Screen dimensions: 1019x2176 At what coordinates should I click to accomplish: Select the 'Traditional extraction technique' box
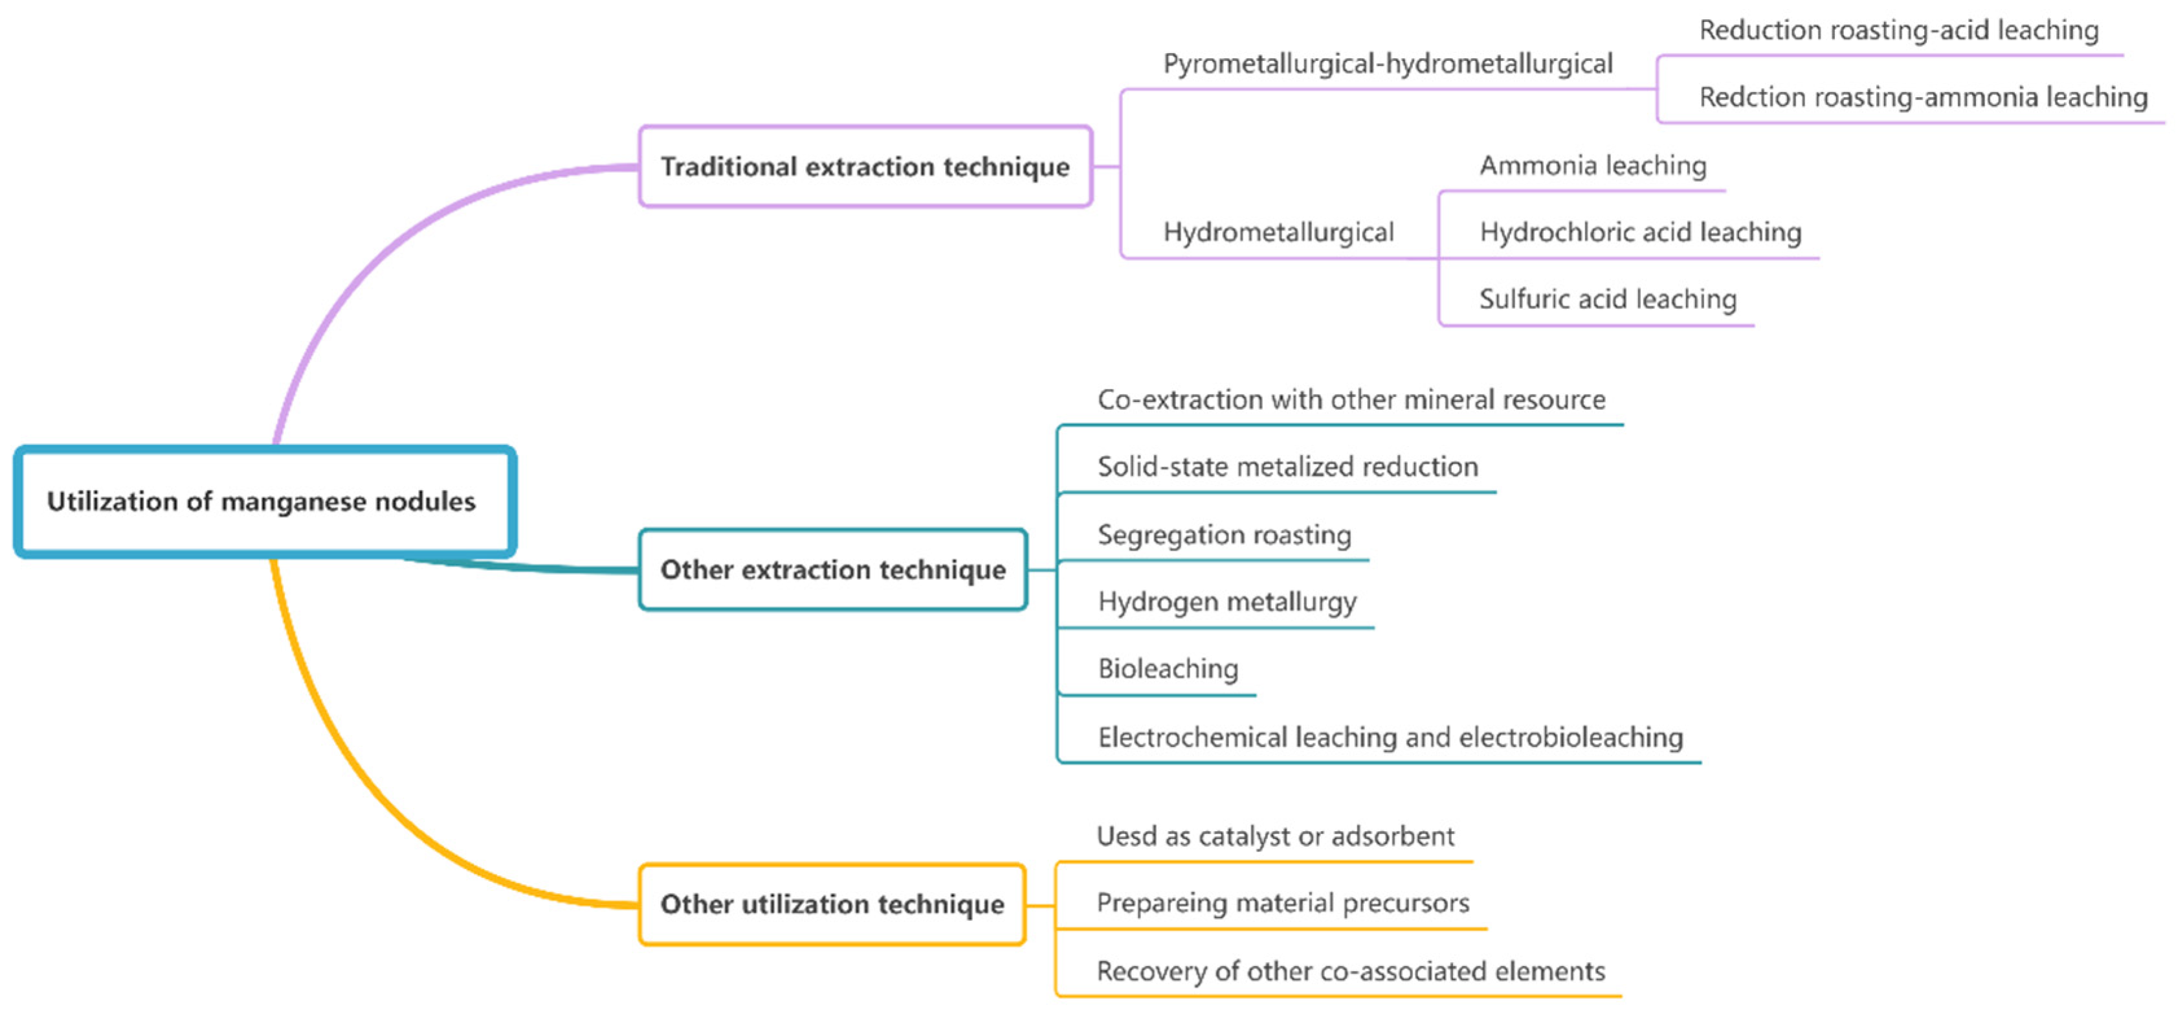click(865, 166)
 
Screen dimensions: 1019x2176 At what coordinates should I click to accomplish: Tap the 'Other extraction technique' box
click(833, 570)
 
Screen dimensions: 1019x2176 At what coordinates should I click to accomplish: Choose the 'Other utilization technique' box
click(832, 904)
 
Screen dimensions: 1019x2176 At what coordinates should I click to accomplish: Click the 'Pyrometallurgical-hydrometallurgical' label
click(1388, 64)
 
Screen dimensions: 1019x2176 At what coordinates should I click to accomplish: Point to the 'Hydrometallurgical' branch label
click(1278, 232)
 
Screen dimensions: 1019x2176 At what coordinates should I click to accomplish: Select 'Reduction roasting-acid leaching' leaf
click(1899, 30)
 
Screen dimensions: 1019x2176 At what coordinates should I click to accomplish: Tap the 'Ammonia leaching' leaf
click(1593, 166)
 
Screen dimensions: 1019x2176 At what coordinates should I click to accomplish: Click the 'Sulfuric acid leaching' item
click(1608, 299)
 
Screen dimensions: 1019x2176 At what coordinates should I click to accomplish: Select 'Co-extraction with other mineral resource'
click(1351, 399)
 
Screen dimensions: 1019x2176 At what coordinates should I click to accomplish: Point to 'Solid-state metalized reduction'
click(1288, 466)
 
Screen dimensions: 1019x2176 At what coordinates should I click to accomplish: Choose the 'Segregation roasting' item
click(1225, 535)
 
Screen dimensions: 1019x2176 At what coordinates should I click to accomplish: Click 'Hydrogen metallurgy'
click(1227, 601)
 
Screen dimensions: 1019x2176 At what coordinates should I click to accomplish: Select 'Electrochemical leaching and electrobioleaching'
click(1390, 737)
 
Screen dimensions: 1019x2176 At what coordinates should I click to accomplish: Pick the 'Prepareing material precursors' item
click(1283, 903)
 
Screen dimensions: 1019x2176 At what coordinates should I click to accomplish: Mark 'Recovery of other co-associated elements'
click(1351, 972)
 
